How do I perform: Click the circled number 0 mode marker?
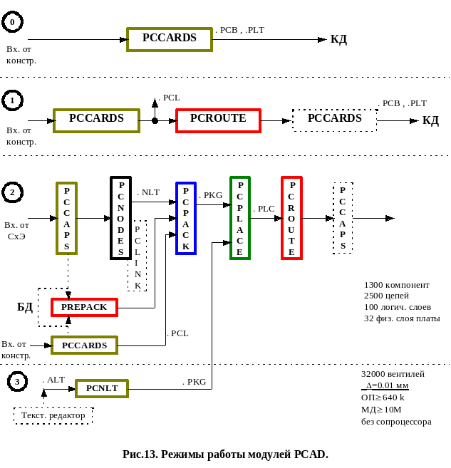[x=12, y=24]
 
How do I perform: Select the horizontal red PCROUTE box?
[x=219, y=120]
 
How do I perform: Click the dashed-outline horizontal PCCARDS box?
[x=334, y=120]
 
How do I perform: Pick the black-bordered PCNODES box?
[x=121, y=218]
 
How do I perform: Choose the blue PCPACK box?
[x=186, y=218]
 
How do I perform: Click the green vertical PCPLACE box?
[x=240, y=218]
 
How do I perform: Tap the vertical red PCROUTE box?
[x=292, y=218]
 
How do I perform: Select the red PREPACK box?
[x=84, y=308]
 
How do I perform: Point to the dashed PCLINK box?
[x=138, y=255]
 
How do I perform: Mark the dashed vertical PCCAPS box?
[x=343, y=218]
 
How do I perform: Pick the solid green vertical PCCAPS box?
[x=67, y=218]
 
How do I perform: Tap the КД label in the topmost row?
[x=338, y=39]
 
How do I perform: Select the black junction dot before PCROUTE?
[x=155, y=121]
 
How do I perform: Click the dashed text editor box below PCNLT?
[x=53, y=415]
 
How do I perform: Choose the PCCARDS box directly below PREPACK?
[x=84, y=345]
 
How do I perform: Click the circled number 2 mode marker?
[x=12, y=192]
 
